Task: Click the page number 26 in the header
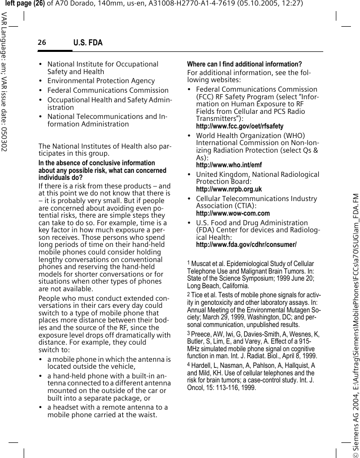[x=41, y=43]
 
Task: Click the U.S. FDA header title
[x=88, y=43]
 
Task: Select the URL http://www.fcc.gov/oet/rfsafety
[x=239, y=126]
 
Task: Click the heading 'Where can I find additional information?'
[x=244, y=64]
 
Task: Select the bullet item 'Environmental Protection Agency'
[x=101, y=81]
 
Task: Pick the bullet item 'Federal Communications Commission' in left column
[x=108, y=91]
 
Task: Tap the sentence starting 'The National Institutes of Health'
[x=105, y=150]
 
